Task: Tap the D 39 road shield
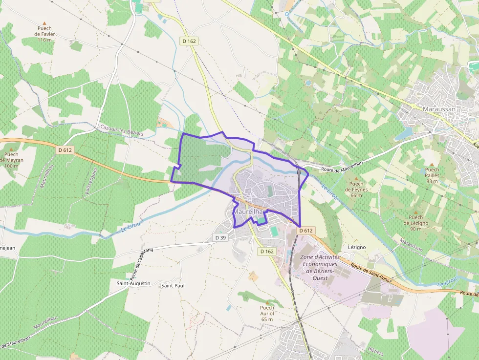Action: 220,237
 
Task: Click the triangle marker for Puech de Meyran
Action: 11,147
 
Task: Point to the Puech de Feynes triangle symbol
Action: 356,178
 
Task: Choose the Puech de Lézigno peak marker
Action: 416,211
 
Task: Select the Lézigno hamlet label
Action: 356,247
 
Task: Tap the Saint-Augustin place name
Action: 133,283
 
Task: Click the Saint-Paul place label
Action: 173,285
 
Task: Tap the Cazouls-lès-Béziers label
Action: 122,130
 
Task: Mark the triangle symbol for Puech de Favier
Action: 44,23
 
